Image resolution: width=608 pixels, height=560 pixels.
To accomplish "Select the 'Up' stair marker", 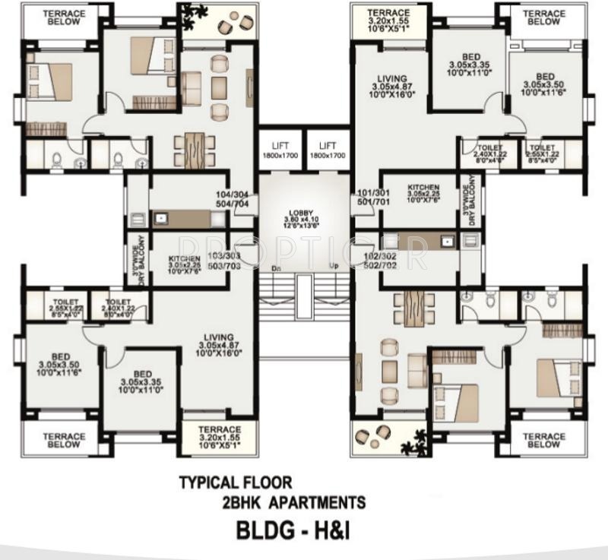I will [x=333, y=267].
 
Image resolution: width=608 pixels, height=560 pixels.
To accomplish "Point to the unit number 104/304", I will [x=233, y=195].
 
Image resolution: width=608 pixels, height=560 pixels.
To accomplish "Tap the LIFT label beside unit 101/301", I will [x=328, y=145].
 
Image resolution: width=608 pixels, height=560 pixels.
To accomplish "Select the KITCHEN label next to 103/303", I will [x=185, y=259].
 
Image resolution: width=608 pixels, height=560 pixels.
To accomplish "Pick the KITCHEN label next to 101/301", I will [x=423, y=187].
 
